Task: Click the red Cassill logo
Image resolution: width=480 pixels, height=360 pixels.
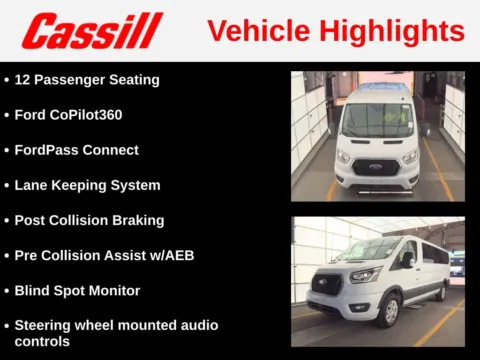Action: click(x=91, y=30)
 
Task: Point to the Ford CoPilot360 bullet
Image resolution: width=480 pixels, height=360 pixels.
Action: click(x=69, y=114)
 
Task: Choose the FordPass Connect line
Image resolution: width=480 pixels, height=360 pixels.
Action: click(x=77, y=150)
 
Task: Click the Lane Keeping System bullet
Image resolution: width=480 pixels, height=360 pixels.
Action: click(x=87, y=185)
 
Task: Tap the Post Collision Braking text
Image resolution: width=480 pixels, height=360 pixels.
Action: click(x=89, y=220)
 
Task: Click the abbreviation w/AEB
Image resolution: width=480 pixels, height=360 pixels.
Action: click(x=172, y=255)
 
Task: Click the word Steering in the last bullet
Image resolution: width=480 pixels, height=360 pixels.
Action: click(x=43, y=325)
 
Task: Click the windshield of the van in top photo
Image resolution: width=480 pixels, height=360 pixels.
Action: click(x=377, y=121)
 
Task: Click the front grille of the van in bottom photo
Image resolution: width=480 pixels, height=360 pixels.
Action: click(x=326, y=284)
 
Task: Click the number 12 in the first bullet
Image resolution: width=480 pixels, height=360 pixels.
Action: click(x=23, y=79)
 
